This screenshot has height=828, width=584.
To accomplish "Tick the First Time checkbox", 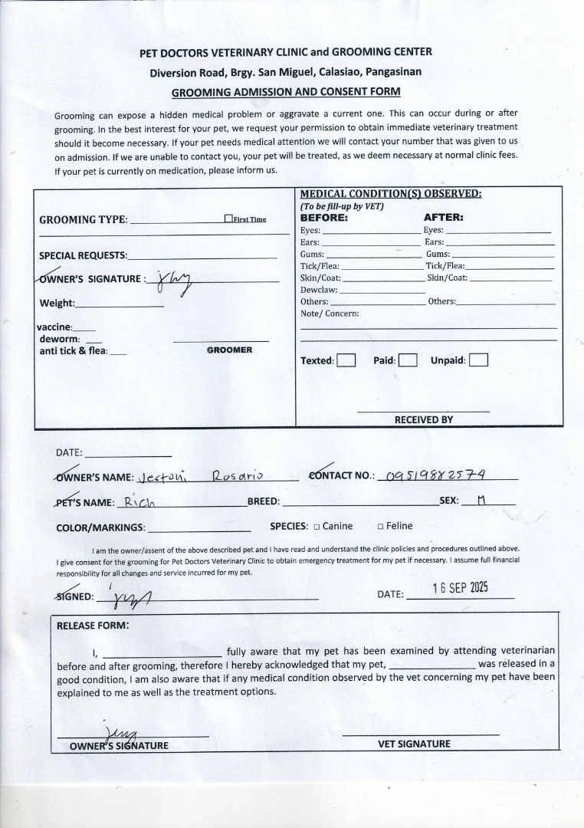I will pos(228,219).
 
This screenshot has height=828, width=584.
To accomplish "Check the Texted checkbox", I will pos(346,360).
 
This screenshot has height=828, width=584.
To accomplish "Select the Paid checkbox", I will pos(408,360).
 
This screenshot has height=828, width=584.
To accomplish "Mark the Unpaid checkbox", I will pos(478,360).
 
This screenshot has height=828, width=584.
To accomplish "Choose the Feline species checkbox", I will pos(380,527).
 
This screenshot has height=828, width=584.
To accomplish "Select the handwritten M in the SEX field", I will pos(481,500).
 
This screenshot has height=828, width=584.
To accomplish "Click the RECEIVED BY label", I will pos(423,419).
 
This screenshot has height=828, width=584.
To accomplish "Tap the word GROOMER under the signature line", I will pos(229,350).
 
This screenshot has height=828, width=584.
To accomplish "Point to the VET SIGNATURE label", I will pos(414,744).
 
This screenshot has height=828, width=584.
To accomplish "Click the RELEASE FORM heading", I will pos(93,625).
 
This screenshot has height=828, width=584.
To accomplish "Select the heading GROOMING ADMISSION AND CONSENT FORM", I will pos(286,92).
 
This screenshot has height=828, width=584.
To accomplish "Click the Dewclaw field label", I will pos(318,291).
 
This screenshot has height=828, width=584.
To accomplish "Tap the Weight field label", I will pos(57,303).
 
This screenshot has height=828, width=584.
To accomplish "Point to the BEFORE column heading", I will pos(323,217).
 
